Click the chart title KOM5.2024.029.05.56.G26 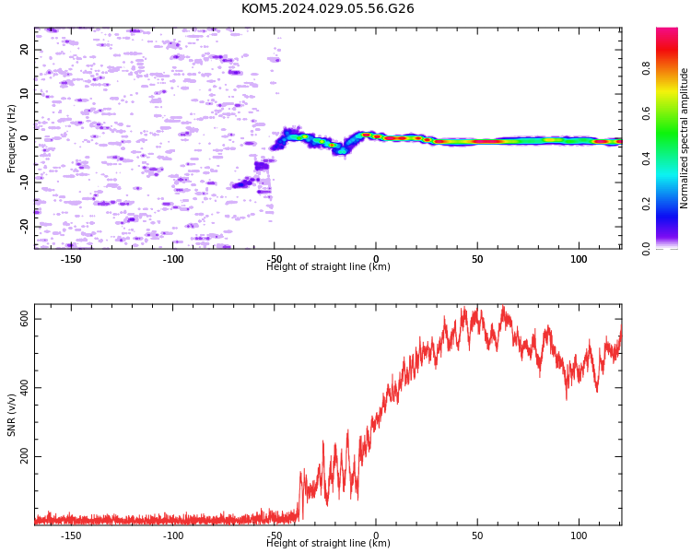pyautogui.click(x=327, y=8)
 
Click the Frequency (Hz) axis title pyautogui.click(x=11, y=138)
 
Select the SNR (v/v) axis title pyautogui.click(x=11, y=415)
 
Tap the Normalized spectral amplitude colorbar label pyautogui.click(x=684, y=138)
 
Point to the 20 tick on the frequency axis pyautogui.click(x=24, y=50)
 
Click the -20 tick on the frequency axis pyautogui.click(x=24, y=227)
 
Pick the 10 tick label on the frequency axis pyautogui.click(x=24, y=94)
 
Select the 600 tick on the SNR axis pyautogui.click(x=24, y=319)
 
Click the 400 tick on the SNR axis pyautogui.click(x=24, y=388)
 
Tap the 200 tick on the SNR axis pyautogui.click(x=24, y=456)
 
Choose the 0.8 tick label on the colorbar pyautogui.click(x=646, y=68)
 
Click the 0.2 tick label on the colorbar pyautogui.click(x=646, y=204)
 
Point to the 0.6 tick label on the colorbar pyautogui.click(x=646, y=113)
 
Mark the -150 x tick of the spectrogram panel pyautogui.click(x=71, y=259)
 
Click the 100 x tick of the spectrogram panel pyautogui.click(x=579, y=259)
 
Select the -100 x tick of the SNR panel pyautogui.click(x=172, y=535)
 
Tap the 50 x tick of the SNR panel pyautogui.click(x=477, y=535)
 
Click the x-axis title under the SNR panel pyautogui.click(x=328, y=543)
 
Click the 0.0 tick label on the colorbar pyautogui.click(x=646, y=249)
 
